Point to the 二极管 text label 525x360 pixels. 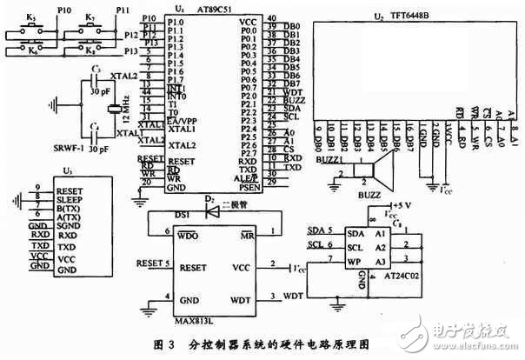point(232,205)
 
